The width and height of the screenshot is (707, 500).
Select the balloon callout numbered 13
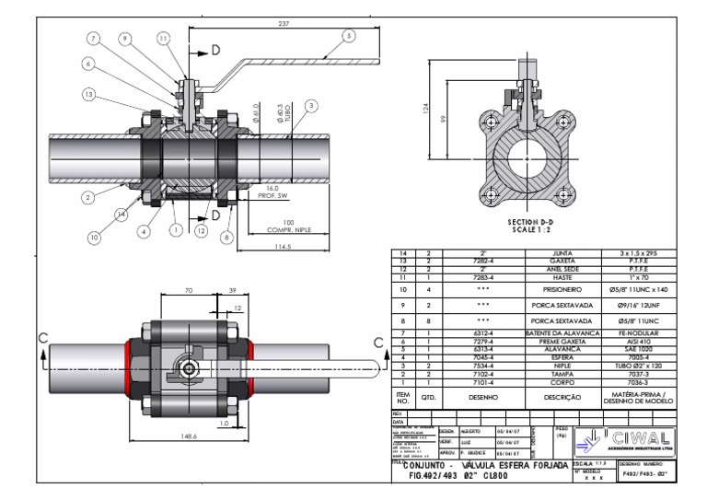click(88, 95)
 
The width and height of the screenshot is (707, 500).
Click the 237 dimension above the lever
click(282, 23)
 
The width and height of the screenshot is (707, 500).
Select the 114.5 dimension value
click(281, 246)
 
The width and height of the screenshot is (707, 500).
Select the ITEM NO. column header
click(401, 398)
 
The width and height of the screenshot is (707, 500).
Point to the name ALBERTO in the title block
click(470, 430)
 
